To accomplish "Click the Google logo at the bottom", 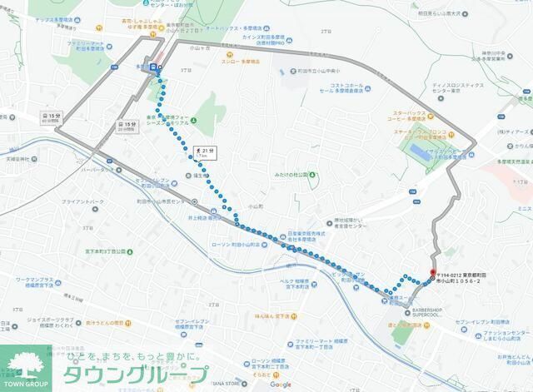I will coord(280,384).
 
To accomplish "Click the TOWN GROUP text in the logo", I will coord(27,385).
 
